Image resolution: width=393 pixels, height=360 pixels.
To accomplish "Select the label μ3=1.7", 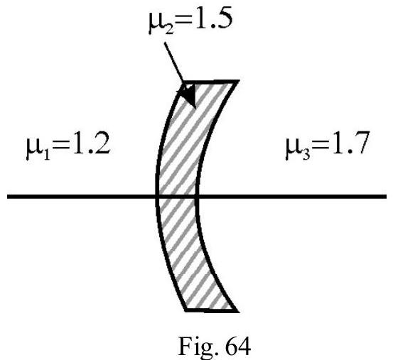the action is (328, 146).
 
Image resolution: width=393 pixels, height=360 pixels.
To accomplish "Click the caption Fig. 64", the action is (215, 347).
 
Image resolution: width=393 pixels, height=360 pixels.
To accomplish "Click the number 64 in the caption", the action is (237, 346).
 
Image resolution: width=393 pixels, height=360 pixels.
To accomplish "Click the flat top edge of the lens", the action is (210, 82).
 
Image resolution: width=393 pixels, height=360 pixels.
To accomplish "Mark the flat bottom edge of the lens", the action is (212, 310).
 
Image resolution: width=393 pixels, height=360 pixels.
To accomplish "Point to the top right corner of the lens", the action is (238, 81).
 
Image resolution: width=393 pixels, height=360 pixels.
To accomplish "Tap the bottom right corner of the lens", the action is (238, 312).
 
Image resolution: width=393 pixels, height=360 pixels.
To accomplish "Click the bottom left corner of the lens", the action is (185, 311).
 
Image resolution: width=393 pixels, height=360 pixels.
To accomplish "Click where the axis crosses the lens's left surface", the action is (157, 197).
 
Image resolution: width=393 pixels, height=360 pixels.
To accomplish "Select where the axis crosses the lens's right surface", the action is (197, 197).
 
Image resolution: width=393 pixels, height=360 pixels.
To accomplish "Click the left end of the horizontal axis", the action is (8, 197).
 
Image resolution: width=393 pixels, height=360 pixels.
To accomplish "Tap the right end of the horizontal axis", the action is (386, 197).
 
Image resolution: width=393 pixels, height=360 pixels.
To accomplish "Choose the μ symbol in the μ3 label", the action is (292, 149).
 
